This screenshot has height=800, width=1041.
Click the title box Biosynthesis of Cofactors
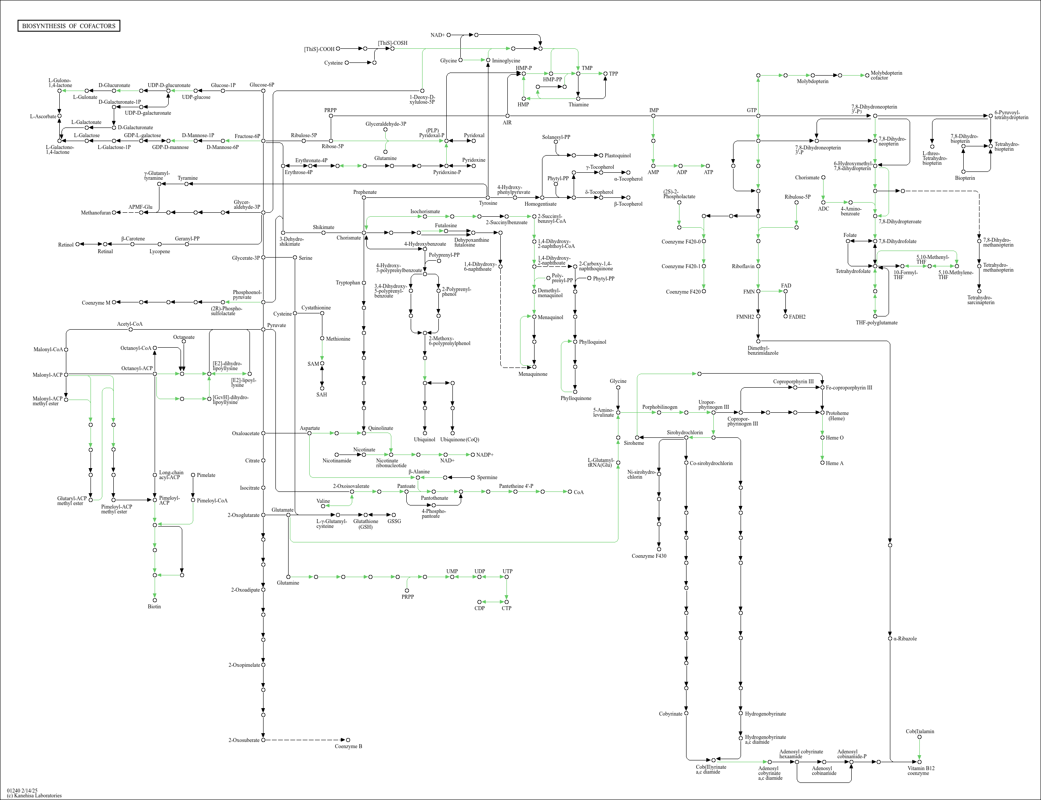tap(69, 25)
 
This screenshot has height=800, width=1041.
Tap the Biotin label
tap(154, 607)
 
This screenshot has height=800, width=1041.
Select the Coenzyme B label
tap(348, 746)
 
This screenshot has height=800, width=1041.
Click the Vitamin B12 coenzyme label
tap(921, 771)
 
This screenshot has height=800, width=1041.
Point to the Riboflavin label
tap(743, 266)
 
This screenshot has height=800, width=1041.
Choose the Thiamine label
tap(578, 105)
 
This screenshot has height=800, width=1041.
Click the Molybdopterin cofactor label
tap(886, 75)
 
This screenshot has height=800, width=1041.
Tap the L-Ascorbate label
tap(43, 116)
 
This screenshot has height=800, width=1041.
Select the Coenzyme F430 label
tap(648, 556)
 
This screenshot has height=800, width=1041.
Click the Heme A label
tap(835, 463)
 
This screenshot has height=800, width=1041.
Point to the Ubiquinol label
tap(424, 440)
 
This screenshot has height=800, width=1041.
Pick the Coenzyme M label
tap(96, 303)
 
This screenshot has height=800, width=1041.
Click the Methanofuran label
tap(96, 213)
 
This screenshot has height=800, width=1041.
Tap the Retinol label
tap(65, 245)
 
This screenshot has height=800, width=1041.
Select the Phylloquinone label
tap(576, 398)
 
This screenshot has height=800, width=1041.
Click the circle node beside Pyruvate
tap(263, 330)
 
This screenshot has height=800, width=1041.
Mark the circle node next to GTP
tap(758, 116)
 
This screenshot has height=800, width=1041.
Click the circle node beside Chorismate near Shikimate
tap(364, 233)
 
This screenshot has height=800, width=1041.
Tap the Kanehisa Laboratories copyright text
tap(34, 795)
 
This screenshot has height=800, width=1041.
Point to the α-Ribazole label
tap(904, 639)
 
